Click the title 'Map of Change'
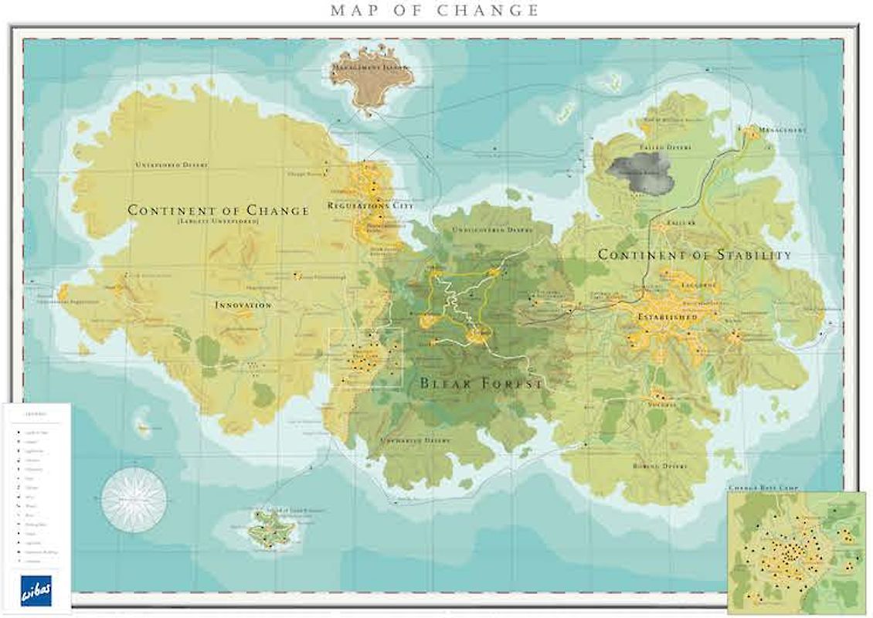[435, 10]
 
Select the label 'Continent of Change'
[218, 210]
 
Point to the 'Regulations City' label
[370, 205]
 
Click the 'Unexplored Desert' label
[172, 165]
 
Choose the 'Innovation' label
[243, 305]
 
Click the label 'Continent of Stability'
[695, 254]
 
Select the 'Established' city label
[667, 317]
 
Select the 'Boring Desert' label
[658, 466]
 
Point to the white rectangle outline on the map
[365, 357]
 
